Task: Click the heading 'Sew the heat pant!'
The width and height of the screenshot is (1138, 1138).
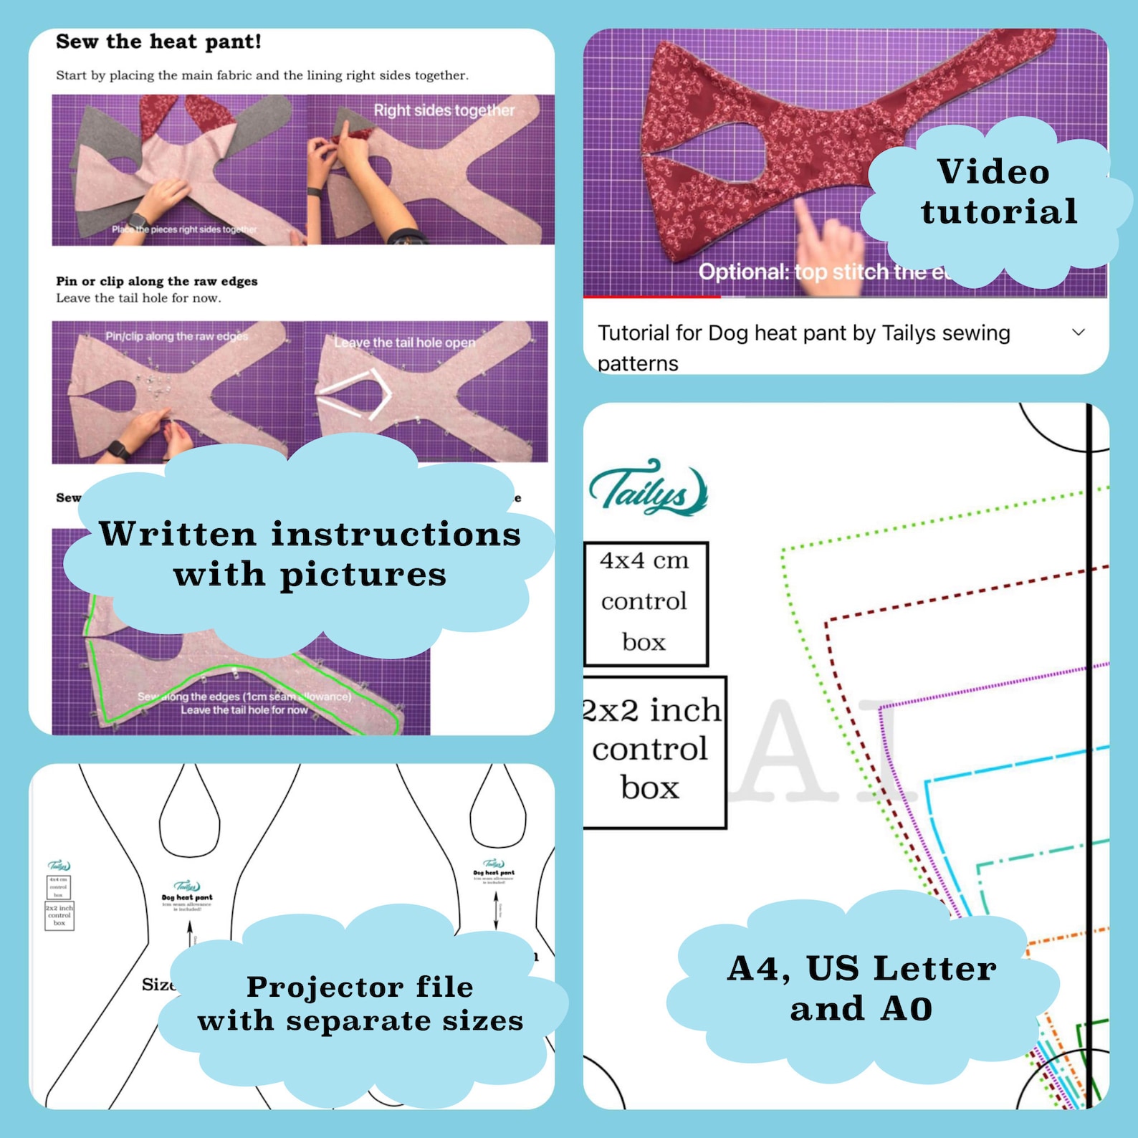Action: [x=158, y=42]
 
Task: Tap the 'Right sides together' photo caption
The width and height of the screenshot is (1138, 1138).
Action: [x=444, y=110]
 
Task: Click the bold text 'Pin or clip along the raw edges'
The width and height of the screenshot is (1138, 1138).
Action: [x=157, y=281]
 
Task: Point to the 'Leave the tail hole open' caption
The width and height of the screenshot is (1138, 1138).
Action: [x=404, y=343]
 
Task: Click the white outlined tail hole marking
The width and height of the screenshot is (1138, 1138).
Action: [x=356, y=395]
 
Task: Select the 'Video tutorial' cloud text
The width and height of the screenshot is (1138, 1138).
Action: [x=996, y=192]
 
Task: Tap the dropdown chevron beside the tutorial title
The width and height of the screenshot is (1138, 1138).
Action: [x=1078, y=333]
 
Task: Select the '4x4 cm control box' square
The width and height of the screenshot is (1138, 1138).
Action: [x=645, y=603]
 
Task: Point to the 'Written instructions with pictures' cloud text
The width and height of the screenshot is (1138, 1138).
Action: [x=310, y=554]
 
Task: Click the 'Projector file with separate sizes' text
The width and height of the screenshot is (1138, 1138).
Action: [x=360, y=1003]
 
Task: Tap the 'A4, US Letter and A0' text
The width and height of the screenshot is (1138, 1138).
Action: [x=861, y=988]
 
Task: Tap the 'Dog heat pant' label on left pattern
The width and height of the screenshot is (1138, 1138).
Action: [x=187, y=896]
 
